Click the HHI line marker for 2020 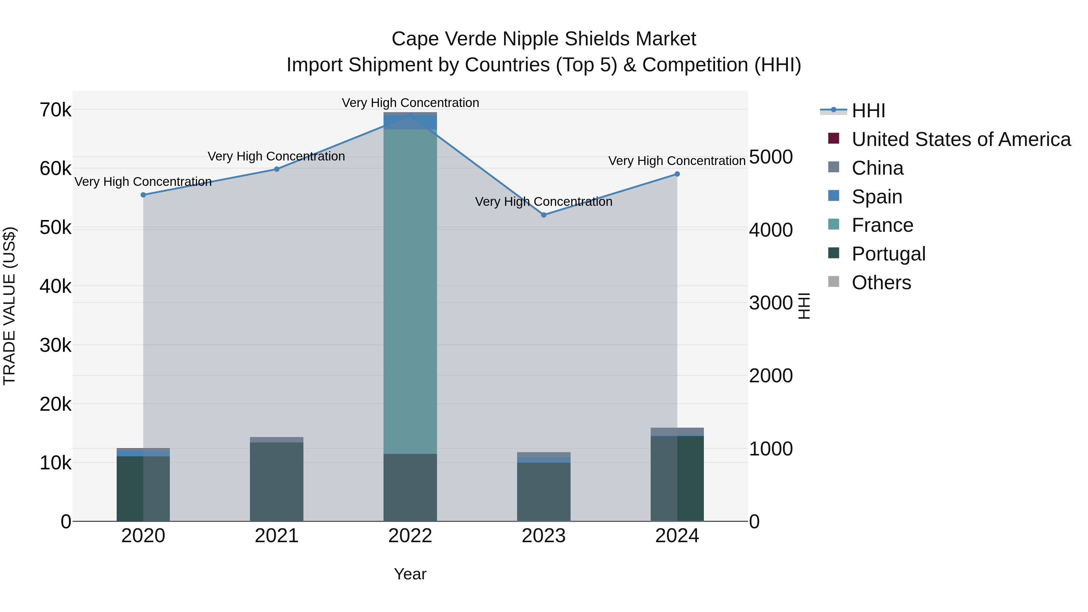143,195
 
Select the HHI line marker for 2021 277,169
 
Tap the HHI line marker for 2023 544,215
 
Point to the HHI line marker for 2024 677,174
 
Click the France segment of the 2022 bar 410,291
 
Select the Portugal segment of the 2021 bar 277,481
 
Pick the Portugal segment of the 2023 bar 544,492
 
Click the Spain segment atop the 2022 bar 410,122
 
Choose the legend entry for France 882,225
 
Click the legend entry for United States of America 961,139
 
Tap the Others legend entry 881,283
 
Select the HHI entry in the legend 868,111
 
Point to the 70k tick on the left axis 55,110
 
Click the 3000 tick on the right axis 771,303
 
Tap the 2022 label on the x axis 410,536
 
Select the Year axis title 410,574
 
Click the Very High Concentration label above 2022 410,103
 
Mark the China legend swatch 833,167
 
